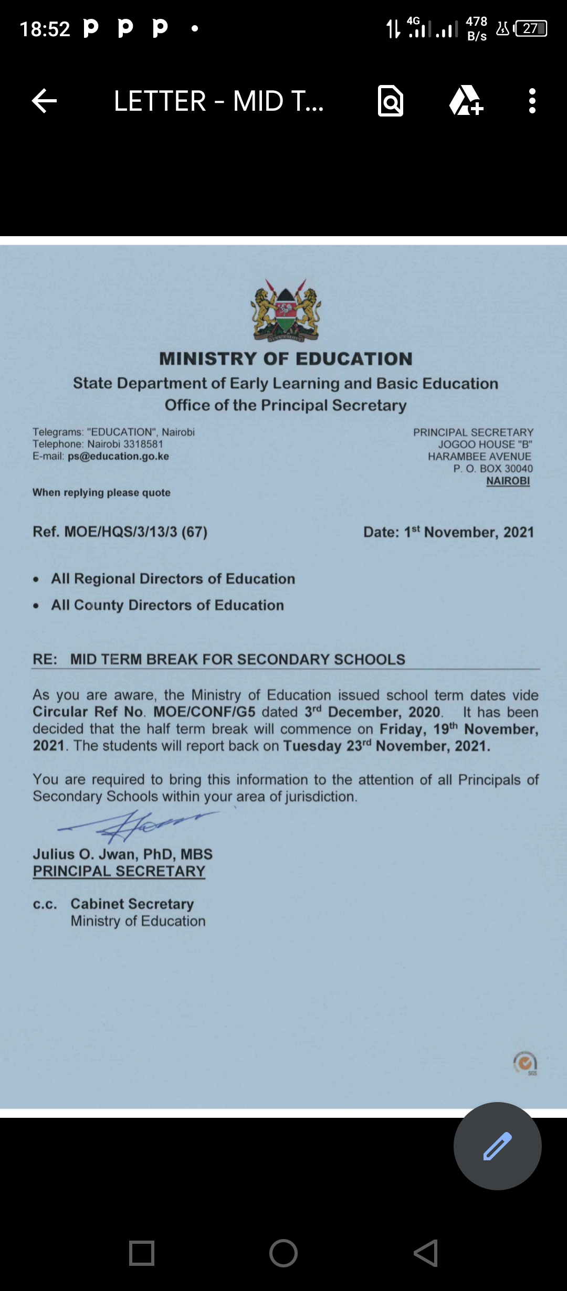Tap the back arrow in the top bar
coord(44,101)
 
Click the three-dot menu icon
coord(532,101)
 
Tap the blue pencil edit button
coord(497,1146)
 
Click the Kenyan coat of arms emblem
coord(286,310)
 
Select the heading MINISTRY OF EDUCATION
coord(286,359)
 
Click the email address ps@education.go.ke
coord(118,457)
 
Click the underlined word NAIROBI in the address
coord(508,481)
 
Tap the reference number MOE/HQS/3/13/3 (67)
coord(135,532)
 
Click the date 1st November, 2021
coord(469,532)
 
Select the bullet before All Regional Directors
coord(36,579)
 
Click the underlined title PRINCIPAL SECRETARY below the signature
coord(119,871)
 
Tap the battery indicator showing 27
coord(531,28)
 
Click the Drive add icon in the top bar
coord(465,101)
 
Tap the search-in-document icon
coord(391,101)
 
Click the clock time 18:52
coord(45,29)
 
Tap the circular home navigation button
coord(283,1253)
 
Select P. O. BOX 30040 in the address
coord(493,469)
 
